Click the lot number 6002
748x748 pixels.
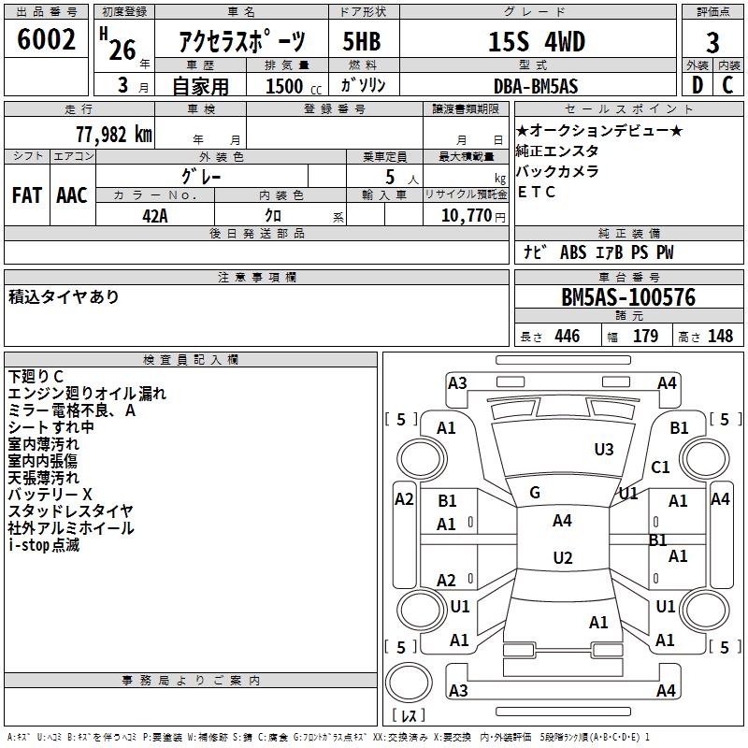pos(46,40)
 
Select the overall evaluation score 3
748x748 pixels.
pos(712,43)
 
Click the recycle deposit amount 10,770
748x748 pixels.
pos(466,216)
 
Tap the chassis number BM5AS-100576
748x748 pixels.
pos(627,297)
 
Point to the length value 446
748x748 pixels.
pos(567,337)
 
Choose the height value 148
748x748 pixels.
pos(720,337)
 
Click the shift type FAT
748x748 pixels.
pos(26,195)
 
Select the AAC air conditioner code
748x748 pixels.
pos(72,195)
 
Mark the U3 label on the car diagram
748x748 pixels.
pos(604,450)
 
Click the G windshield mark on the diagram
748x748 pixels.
pos(535,493)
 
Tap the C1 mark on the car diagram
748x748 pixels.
pos(661,467)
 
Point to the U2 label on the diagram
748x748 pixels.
pos(562,558)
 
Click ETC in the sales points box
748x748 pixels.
pos(537,193)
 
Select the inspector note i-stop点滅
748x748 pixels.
pos(44,545)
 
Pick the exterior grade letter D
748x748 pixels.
pos(698,85)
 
